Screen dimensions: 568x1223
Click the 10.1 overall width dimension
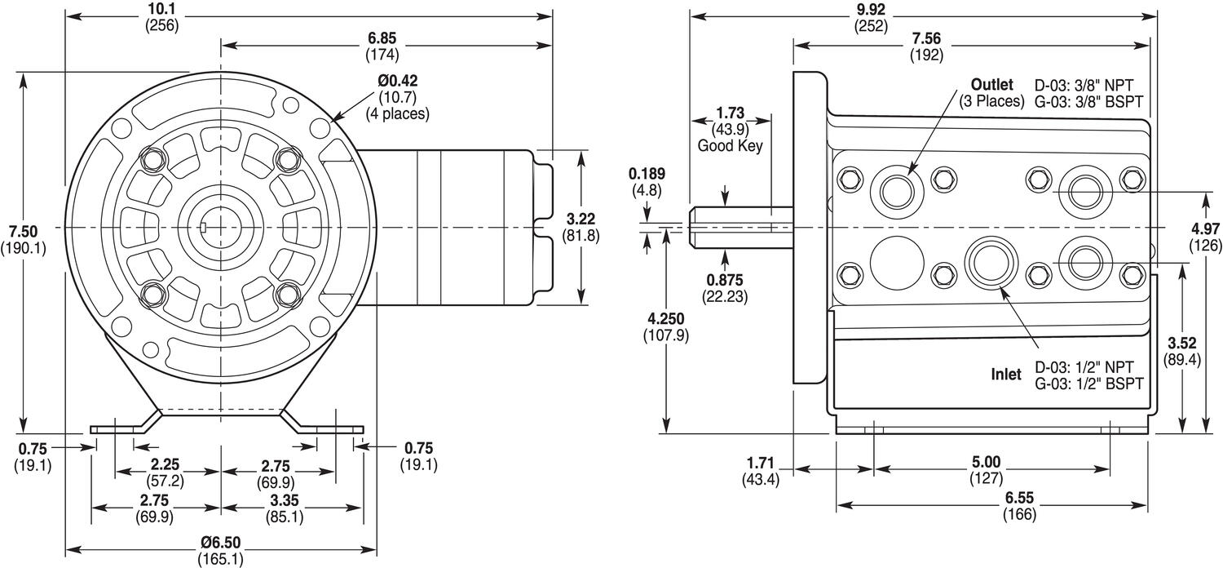point(161,9)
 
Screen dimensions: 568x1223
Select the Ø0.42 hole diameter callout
point(397,82)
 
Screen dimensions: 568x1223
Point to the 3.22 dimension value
point(581,219)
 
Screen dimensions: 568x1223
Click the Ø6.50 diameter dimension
point(220,543)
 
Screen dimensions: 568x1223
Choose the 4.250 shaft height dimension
point(666,318)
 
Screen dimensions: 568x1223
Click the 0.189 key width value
point(647,174)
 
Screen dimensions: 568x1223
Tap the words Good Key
point(730,146)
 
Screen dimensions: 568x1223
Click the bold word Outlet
point(991,85)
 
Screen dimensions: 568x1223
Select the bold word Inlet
point(1006,375)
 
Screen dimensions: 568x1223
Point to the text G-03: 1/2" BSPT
point(1089,383)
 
